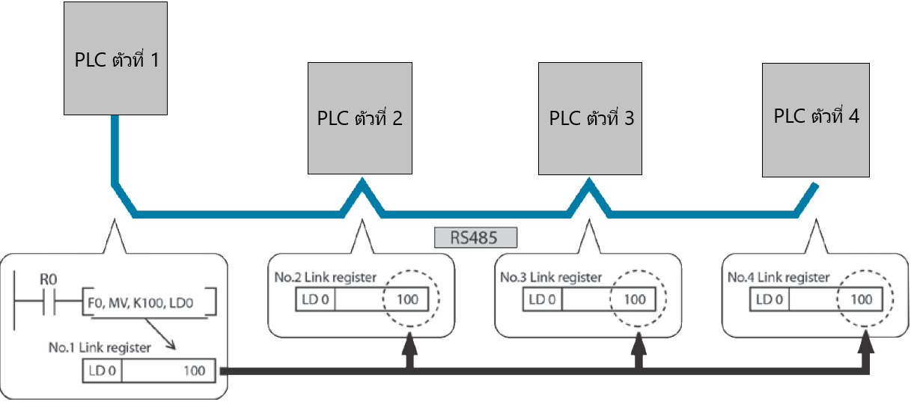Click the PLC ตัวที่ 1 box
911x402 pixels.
(114, 58)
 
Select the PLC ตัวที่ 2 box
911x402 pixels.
(360, 118)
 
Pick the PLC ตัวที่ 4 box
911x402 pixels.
(816, 118)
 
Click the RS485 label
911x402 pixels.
(475, 238)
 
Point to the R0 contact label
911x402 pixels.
(48, 279)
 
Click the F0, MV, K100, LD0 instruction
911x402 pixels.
(150, 302)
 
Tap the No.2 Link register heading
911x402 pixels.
(325, 278)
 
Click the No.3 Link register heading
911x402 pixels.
(551, 278)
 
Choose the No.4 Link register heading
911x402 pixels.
(779, 278)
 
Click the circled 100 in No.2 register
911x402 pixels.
(408, 300)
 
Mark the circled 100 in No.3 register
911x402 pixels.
(635, 300)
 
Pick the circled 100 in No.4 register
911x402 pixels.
(862, 300)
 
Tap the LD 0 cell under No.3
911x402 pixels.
(543, 300)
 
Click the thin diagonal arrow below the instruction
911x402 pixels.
(161, 332)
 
